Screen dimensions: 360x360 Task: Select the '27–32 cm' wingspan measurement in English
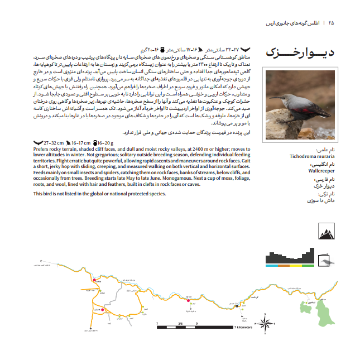point(53,143)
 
